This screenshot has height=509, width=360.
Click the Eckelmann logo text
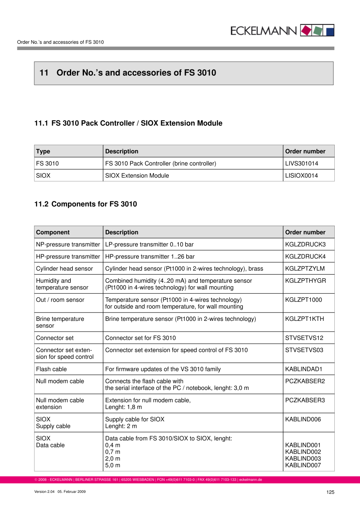pyautogui.click(x=263, y=31)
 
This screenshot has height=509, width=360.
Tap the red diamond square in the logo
pyautogui.click(x=306, y=31)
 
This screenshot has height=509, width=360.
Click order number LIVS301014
pyautogui.click(x=302, y=163)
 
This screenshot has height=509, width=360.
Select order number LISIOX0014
pyautogui.click(x=302, y=175)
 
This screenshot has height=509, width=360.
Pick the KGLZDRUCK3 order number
pyautogui.click(x=305, y=244)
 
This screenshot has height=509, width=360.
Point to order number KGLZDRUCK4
pyautogui.click(x=305, y=256)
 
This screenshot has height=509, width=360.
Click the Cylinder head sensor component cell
pyautogui.click(x=65, y=269)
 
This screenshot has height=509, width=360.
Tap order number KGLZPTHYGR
pyautogui.click(x=305, y=281)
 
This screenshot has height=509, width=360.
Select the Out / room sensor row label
pyautogui.click(x=60, y=300)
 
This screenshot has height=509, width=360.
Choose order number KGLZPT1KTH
pyautogui.click(x=305, y=319)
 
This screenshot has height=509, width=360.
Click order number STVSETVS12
pyautogui.click(x=304, y=338)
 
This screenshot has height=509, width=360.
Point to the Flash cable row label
pyautogui.click(x=51, y=369)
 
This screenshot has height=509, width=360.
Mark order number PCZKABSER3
pyautogui.click(x=305, y=400)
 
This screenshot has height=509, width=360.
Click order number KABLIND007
pyautogui.click(x=303, y=465)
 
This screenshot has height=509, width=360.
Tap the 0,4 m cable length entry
pyautogui.click(x=113, y=445)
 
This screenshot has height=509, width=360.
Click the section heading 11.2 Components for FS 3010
pyautogui.click(x=85, y=204)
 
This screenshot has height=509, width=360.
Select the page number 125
pyautogui.click(x=330, y=492)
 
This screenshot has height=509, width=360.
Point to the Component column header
pyautogui.click(x=53, y=232)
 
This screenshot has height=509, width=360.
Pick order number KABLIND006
pyautogui.click(x=303, y=419)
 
